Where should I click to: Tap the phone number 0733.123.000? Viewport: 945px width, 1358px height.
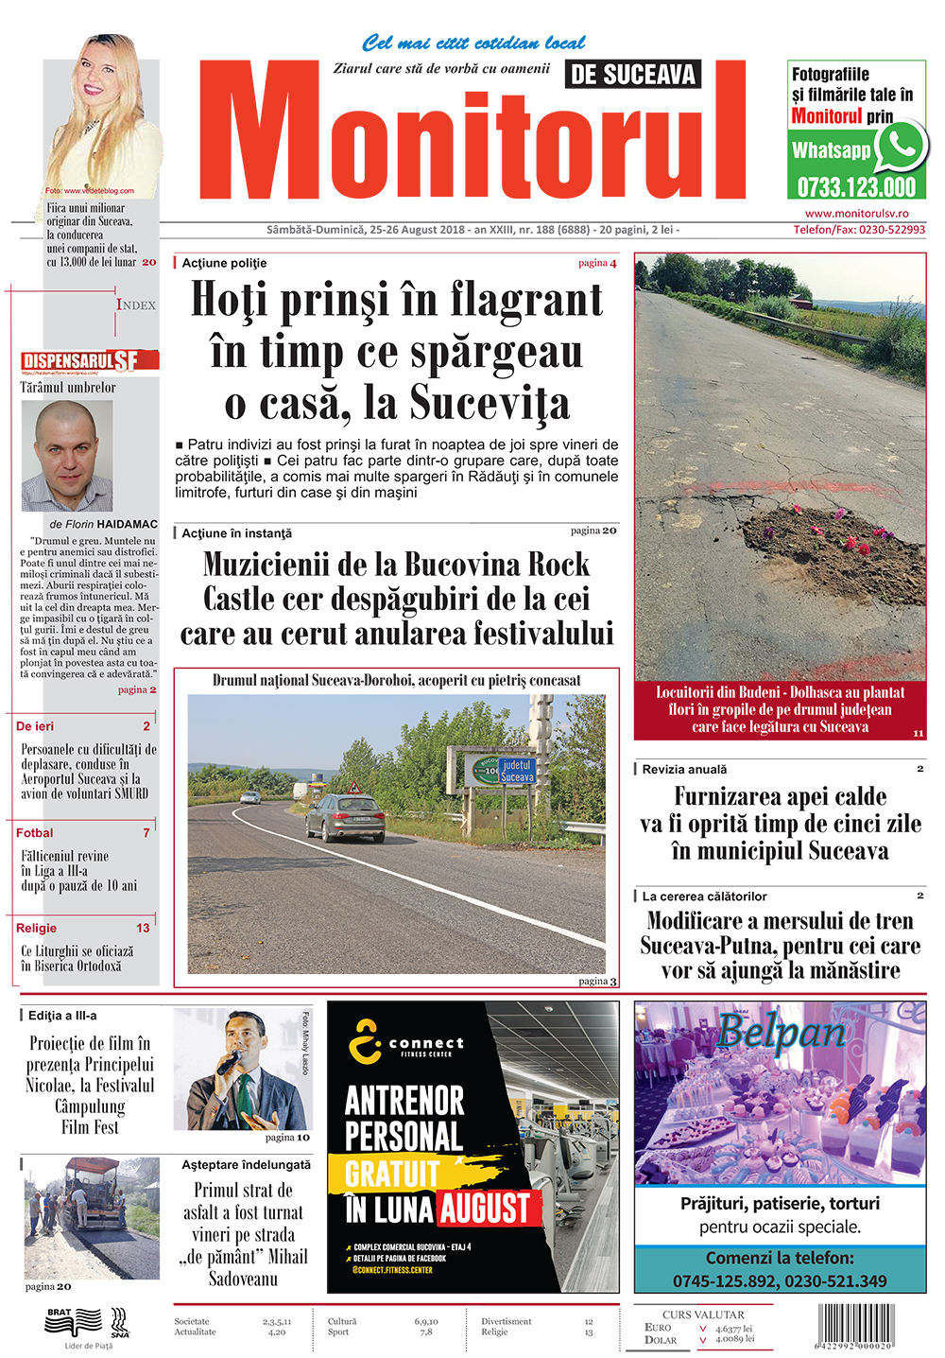coord(856,186)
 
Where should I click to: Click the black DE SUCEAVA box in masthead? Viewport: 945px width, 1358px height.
coord(633,75)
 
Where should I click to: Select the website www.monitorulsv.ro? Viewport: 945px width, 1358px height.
coord(856,215)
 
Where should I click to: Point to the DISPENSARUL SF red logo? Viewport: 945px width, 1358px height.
coord(89,360)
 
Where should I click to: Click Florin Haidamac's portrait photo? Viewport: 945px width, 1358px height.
coord(75,456)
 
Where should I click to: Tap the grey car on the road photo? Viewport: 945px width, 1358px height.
coord(346,817)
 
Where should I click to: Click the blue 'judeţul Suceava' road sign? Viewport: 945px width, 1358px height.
coord(517,770)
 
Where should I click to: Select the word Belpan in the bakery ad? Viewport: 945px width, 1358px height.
coord(781,1031)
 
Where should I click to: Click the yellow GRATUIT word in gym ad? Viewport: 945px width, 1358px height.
coord(392,1174)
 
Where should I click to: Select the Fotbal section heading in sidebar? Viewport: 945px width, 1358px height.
coord(35,833)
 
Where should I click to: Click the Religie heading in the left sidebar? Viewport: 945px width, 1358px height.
coord(37,929)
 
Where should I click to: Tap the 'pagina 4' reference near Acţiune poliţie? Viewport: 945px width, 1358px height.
coord(597,263)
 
